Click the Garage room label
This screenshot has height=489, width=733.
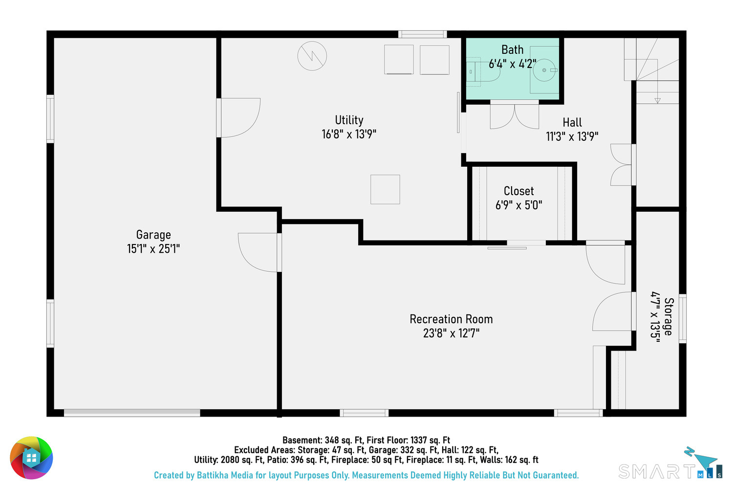click(153, 235)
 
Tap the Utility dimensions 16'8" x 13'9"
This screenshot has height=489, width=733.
click(349, 134)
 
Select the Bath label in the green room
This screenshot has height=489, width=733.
click(513, 50)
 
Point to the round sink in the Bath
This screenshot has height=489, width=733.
click(544, 70)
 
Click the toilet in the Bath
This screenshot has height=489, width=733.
click(483, 72)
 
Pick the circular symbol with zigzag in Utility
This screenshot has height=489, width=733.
click(312, 56)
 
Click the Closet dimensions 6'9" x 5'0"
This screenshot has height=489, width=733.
click(518, 205)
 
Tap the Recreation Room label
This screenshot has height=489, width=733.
click(451, 319)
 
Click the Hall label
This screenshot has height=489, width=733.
click(572, 123)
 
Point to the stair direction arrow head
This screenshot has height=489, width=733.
click(657, 101)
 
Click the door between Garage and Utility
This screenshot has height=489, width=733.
click(238, 117)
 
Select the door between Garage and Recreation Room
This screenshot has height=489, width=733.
click(260, 252)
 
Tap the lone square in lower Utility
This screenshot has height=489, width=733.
click(385, 189)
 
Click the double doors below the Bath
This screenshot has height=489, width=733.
click(515, 115)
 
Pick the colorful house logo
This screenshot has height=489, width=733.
click(31, 458)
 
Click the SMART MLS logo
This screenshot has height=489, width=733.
click(670, 463)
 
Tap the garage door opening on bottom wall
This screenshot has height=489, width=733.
click(132, 413)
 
